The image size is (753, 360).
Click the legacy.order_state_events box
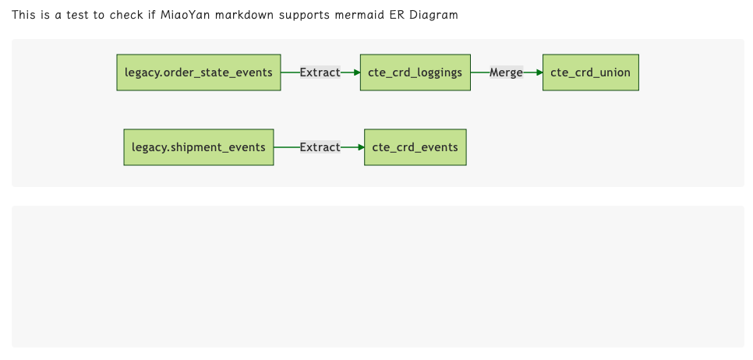click(198, 72)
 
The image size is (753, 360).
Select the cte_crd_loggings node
click(415, 72)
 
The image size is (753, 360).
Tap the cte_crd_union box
click(590, 72)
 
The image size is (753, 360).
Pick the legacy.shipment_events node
click(199, 147)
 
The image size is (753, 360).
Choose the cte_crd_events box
click(415, 147)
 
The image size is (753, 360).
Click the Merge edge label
click(506, 72)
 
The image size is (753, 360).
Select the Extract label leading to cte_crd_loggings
click(320, 72)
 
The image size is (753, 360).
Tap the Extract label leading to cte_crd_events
click(320, 147)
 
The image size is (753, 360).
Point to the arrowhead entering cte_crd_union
click(539, 72)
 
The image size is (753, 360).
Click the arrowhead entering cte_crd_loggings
click(356, 72)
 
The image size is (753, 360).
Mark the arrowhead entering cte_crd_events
click(360, 147)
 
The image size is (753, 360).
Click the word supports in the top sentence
click(306, 15)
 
